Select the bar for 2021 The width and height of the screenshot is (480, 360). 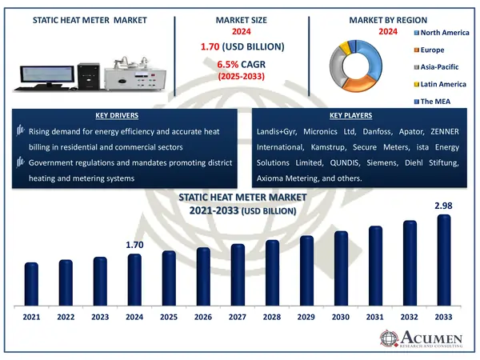(32, 286)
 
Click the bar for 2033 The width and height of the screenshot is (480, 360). (445, 262)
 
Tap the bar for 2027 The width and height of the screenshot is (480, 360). (238, 276)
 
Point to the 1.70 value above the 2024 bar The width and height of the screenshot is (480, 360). (134, 244)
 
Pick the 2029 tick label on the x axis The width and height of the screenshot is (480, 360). (306, 318)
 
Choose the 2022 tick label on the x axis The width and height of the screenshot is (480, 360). (66, 318)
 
